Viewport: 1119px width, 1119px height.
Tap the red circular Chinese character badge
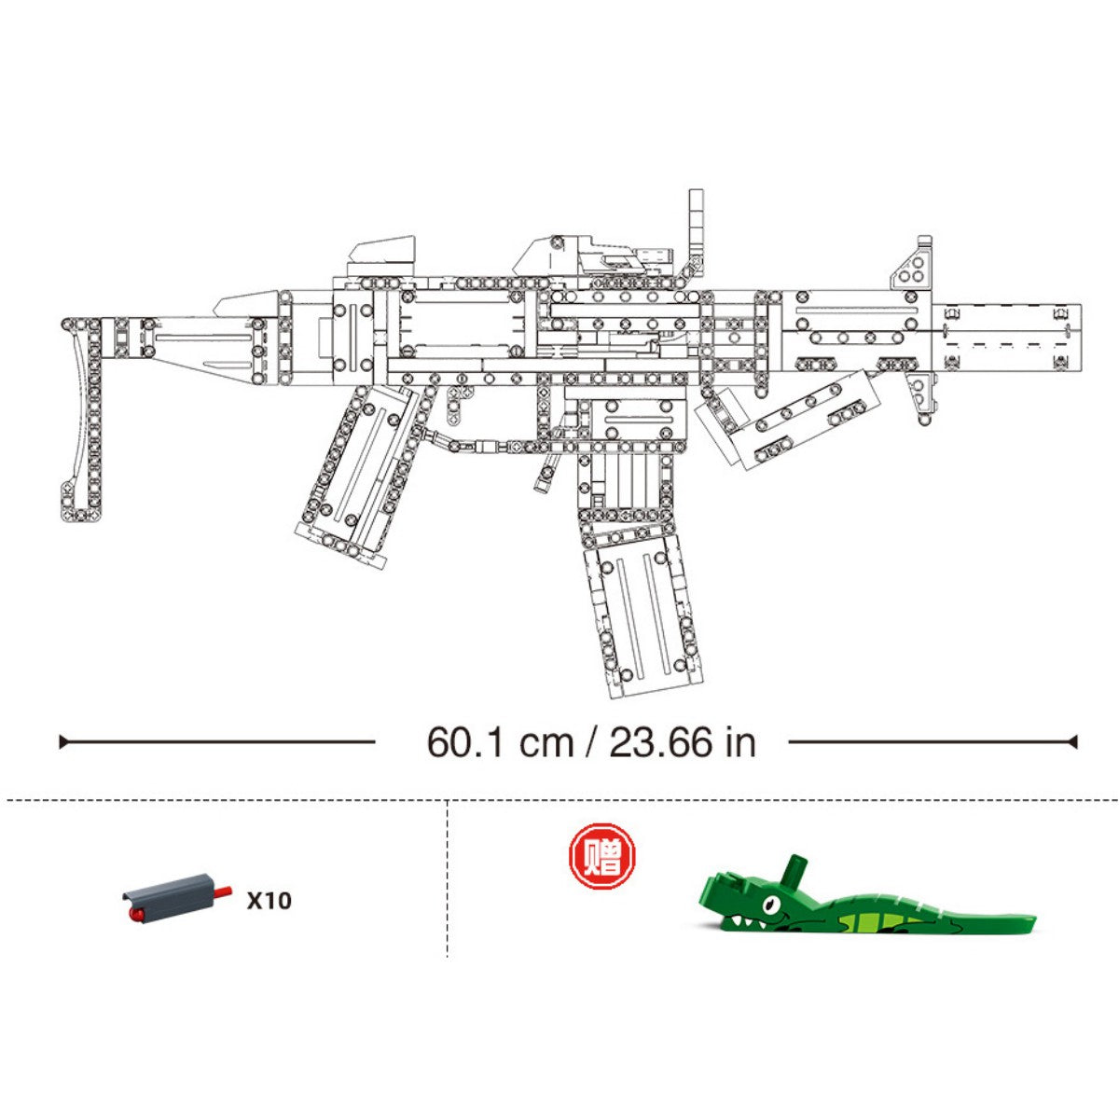point(601,856)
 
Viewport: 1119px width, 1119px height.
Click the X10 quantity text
point(269,901)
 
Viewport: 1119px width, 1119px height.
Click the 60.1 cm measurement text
point(500,743)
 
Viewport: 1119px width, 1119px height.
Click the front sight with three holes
point(913,263)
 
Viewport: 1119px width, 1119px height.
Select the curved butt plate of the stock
point(84,420)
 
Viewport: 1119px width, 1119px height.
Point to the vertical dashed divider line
point(448,877)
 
